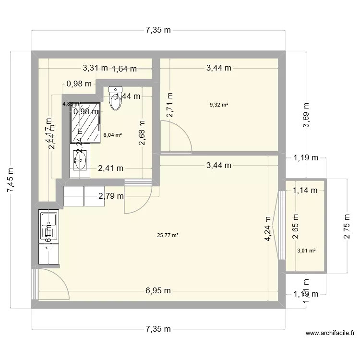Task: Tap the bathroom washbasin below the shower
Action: click(80, 161)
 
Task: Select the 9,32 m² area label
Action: click(218, 105)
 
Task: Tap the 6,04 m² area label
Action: click(112, 135)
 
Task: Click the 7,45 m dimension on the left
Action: click(11, 180)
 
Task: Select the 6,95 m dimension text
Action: click(159, 291)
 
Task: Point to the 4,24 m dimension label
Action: click(268, 234)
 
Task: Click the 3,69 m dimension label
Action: click(306, 115)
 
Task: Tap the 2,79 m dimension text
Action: click(111, 196)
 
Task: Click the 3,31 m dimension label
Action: click(96, 68)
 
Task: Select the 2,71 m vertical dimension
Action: click(169, 106)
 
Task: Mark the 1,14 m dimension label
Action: click(305, 190)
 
